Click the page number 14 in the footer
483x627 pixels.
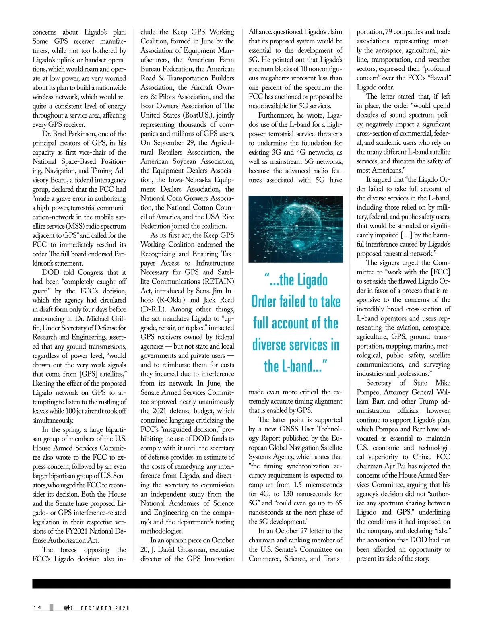37,608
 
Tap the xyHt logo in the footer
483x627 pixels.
67,608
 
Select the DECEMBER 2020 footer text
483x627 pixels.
105,608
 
